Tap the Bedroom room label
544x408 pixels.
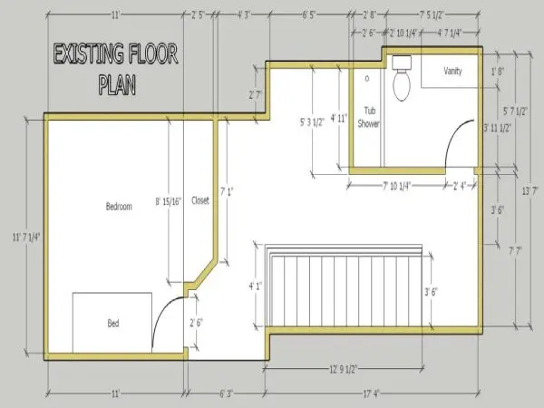coord(119,207)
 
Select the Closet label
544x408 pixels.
coord(200,200)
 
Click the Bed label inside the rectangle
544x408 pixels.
coord(113,323)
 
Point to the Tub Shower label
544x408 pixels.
coord(367,117)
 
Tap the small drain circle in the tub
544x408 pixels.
coord(367,78)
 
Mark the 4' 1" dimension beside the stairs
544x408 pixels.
coord(255,286)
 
